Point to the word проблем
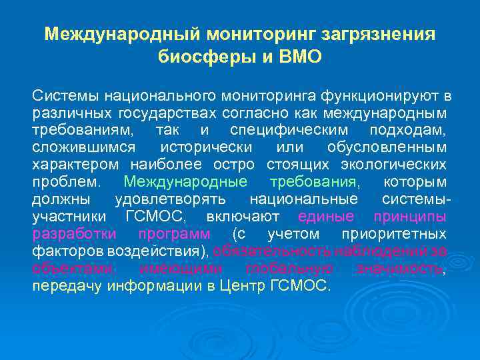tap(67, 181)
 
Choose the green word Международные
tap(186, 181)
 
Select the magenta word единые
tap(326, 216)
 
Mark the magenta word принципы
tap(410, 216)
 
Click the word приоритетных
tap(393, 233)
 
